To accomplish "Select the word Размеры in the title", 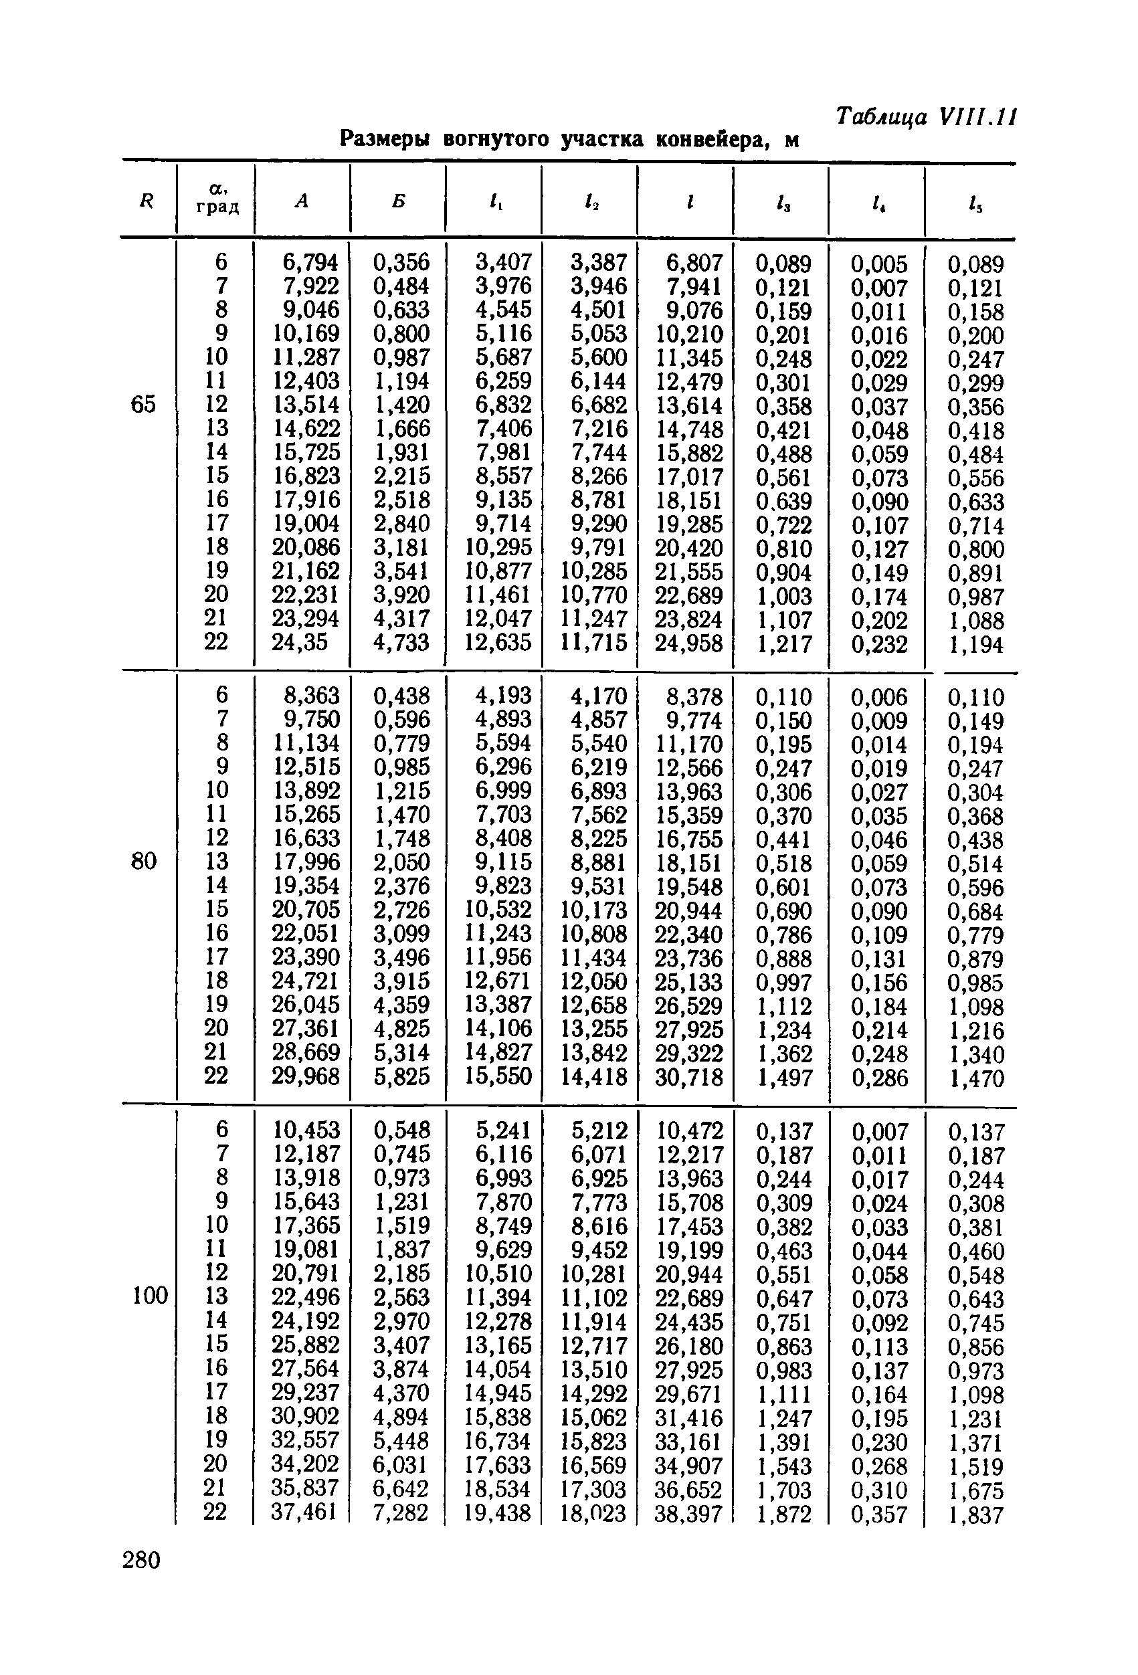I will click(x=384, y=138).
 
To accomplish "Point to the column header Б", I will click(x=399, y=201).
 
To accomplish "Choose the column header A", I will click(x=301, y=201).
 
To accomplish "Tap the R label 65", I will click(x=143, y=404).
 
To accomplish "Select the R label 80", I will click(x=143, y=860).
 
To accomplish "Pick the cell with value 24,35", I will click(x=300, y=642).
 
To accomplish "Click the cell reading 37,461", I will click(x=305, y=1511).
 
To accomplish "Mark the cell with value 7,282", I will click(x=401, y=1512).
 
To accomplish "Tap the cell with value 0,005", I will click(x=878, y=264).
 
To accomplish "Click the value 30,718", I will click(x=688, y=1078).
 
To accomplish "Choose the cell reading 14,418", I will click(x=594, y=1077).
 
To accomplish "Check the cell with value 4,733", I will click(x=401, y=642).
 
